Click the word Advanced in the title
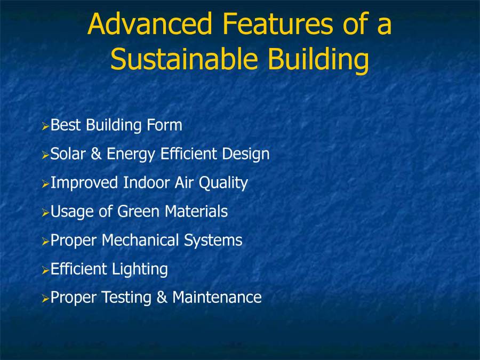[x=150, y=25]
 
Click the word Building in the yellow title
[x=318, y=60]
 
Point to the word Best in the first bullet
[x=66, y=125]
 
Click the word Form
[x=163, y=125]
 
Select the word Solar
[x=66, y=154]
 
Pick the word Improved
[x=84, y=183]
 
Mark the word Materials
[x=196, y=212]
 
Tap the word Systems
[x=213, y=241]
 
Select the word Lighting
[x=140, y=270]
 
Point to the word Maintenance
[x=217, y=298]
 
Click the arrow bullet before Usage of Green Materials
[x=45, y=212]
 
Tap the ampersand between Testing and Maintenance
[x=162, y=298]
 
